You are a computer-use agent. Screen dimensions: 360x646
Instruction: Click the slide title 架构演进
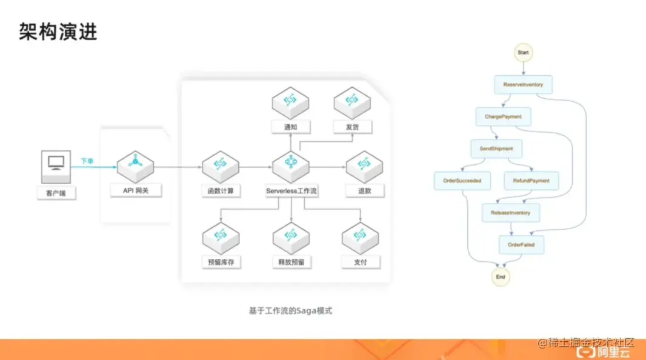tap(58, 32)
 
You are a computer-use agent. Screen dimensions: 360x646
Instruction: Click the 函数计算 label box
tap(221, 190)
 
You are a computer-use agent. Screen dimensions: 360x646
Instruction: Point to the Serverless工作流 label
tap(291, 190)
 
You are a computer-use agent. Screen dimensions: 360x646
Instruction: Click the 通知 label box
tap(291, 127)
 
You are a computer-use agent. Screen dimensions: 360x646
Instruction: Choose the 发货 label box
tap(353, 127)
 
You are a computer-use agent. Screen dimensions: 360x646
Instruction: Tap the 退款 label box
tap(364, 190)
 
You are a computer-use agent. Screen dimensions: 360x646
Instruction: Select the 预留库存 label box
tap(221, 262)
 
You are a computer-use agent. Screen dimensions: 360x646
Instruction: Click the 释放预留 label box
tap(291, 262)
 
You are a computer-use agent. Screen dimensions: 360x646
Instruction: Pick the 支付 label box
tap(361, 262)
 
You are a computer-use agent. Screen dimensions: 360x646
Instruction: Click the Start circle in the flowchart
tap(523, 53)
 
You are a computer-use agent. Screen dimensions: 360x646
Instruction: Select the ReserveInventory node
tap(523, 84)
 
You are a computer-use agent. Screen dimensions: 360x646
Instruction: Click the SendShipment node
tap(496, 148)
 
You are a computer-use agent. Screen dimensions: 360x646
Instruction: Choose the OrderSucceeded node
tap(462, 181)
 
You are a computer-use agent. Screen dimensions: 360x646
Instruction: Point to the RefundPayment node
tap(531, 181)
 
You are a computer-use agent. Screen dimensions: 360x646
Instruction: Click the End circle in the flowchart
tap(501, 276)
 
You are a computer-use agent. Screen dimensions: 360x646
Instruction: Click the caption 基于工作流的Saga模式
tap(291, 311)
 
